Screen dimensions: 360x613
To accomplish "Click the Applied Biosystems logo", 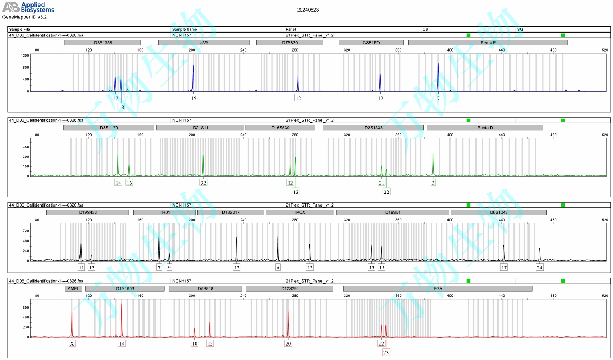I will pos(28,7).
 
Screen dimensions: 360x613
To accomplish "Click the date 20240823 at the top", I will pos(308,10).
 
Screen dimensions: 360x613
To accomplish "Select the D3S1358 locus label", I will pos(103,42).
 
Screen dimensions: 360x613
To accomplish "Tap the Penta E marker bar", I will pos(488,42).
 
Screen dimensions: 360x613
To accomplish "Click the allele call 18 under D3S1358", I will pos(121,107).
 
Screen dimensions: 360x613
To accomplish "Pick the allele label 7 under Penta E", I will pos(438,98).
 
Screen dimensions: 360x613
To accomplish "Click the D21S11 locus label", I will pos(200,127).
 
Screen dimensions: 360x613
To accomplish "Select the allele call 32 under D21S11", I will pos(203,183).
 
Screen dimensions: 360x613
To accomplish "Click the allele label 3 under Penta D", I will pos(433,183).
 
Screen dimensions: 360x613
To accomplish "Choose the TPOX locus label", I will pos(299,213).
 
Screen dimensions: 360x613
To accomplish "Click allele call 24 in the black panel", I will pos(539,267).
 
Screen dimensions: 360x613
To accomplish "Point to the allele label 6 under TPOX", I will pos(278,267).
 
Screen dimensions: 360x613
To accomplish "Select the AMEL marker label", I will pos(73,288).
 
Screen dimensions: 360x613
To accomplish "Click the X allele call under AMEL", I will pos(72,344).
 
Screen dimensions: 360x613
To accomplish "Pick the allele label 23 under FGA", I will pos(386,353).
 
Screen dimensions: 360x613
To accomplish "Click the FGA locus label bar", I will pos(438,288).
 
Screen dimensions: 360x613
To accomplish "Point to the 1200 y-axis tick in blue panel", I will pos(25,56).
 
